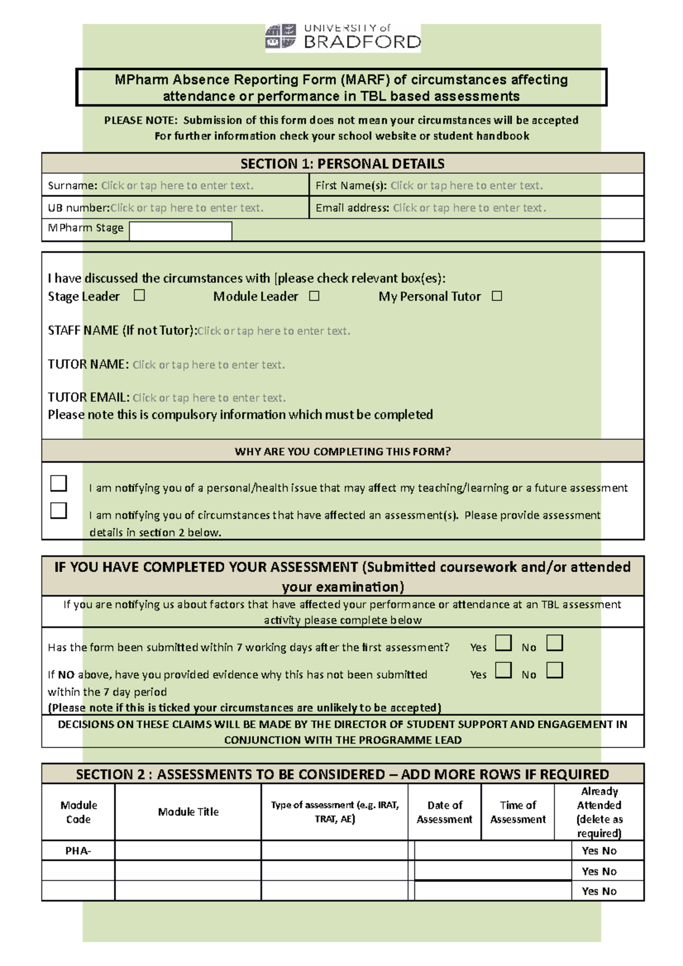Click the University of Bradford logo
coord(343,38)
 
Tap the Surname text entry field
coord(177,185)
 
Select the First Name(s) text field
coord(466,185)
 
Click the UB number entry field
coord(187,208)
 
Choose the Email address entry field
coord(469,208)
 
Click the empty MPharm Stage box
coord(180,231)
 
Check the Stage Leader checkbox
coord(139,295)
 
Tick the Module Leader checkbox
coord(314,296)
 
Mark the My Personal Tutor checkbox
coord(497,296)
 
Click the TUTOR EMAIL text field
coord(209,398)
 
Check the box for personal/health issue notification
coord(59,484)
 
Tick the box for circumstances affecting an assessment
coord(59,510)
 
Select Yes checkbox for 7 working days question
coord(503,643)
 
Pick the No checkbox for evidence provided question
coord(554,670)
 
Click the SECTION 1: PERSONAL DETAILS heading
coord(343,164)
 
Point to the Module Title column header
coord(188,812)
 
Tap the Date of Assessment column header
coord(445,812)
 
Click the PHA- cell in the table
coord(79,851)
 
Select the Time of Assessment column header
coord(518,812)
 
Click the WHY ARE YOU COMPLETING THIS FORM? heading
coord(343,452)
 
